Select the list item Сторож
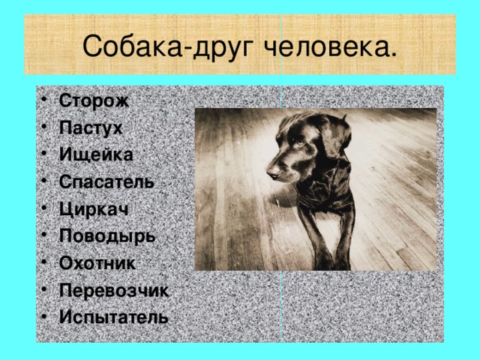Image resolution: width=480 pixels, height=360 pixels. click(94, 100)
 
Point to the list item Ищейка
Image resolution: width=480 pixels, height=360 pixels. click(95, 154)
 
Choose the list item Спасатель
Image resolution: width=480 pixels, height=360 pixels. click(106, 181)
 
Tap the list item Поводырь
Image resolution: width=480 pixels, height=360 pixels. click(106, 235)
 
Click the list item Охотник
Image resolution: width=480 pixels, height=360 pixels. click(97, 262)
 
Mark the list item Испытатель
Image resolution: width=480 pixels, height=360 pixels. click(112, 316)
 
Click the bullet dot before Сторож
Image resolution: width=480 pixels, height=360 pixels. click(47, 100)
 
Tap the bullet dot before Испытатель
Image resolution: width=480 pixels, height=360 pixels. click(47, 316)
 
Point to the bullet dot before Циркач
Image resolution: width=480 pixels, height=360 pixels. click(47, 208)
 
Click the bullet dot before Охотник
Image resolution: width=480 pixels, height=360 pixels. click(47, 262)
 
